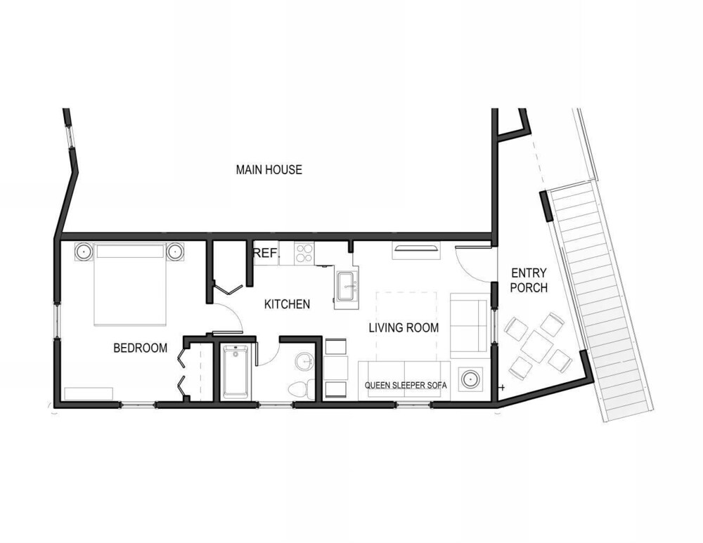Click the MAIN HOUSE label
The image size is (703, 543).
click(269, 169)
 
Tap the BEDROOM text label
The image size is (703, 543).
click(141, 348)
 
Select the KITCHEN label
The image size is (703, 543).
click(287, 304)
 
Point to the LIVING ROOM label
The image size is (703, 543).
click(404, 327)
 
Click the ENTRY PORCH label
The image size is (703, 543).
click(529, 280)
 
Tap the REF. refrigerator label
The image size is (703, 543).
click(265, 253)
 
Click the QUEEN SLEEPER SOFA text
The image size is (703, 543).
click(406, 386)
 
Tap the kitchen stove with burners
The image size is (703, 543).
click(304, 253)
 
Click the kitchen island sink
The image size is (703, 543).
click(347, 287)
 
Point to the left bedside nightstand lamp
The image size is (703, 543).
click(83, 251)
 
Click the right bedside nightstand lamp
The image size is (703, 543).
click(174, 251)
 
